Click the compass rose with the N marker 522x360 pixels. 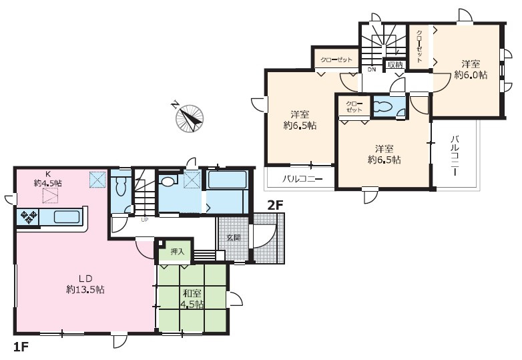tap(189, 118)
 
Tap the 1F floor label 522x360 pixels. tap(21, 347)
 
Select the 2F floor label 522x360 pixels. tap(275, 206)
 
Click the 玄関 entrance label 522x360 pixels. tap(234, 238)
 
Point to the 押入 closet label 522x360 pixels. tap(177, 251)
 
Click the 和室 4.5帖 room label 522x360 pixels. tap(192, 299)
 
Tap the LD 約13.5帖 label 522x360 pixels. tap(85, 284)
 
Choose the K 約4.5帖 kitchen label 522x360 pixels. tap(47, 178)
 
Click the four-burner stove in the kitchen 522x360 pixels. tap(28, 217)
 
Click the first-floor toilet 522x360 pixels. tap(121, 187)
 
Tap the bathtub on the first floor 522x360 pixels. tap(227, 180)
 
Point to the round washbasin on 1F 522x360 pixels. tap(168, 181)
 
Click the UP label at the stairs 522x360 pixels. tap(145, 220)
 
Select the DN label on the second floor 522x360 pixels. tap(372, 69)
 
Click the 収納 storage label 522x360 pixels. tap(395, 65)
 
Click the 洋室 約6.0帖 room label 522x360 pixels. tap(471, 69)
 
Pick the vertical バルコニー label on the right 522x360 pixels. tap(455, 156)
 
